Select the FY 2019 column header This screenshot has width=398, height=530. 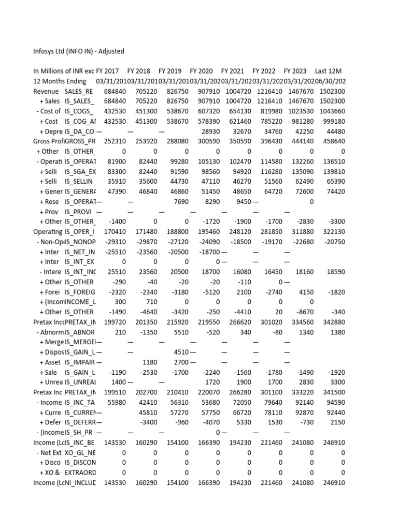point(169,71)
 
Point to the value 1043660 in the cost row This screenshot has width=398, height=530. point(331,111)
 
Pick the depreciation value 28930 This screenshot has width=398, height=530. point(209,131)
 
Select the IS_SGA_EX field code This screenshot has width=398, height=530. point(80,172)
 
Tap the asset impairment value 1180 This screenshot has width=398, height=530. point(149,362)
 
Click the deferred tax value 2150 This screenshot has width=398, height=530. point(337,423)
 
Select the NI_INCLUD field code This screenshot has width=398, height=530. point(80,483)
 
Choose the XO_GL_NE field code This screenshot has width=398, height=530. point(80,453)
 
